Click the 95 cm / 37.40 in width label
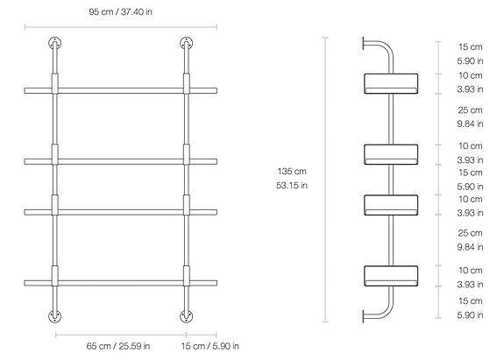coord(121,13)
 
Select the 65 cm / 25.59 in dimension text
coord(121,345)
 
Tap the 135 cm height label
coord(292,172)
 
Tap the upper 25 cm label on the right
coord(470,110)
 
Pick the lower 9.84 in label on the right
coord(470,247)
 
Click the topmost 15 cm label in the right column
coord(470,46)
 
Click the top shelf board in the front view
coord(121,88)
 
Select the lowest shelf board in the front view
coord(121,280)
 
